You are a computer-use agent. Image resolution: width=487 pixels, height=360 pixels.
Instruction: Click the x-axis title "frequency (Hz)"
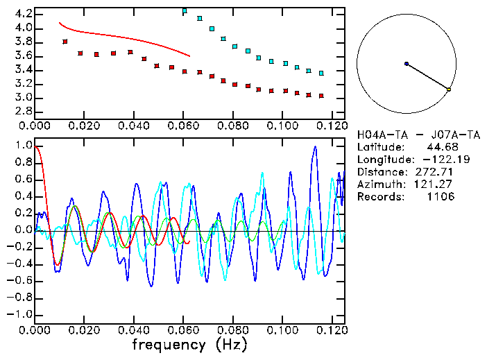click(x=189, y=344)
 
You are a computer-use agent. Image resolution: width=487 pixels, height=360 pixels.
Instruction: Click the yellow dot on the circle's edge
click(x=449, y=89)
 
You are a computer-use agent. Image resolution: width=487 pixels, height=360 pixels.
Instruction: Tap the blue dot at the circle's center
click(x=407, y=64)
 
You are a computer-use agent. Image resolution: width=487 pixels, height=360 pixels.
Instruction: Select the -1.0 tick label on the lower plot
click(x=20, y=314)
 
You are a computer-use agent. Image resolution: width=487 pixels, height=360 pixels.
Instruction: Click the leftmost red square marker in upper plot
click(x=65, y=42)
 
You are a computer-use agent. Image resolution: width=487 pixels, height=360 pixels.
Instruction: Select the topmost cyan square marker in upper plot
click(x=184, y=11)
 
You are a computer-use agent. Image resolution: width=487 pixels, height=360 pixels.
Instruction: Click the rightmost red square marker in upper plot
click(x=321, y=96)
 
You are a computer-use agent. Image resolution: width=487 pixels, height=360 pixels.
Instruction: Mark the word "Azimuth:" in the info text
click(x=379, y=185)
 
